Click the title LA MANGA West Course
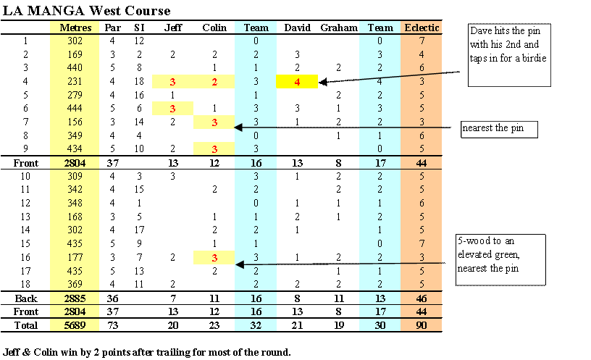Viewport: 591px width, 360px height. tap(86, 11)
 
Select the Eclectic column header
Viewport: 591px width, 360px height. tap(422, 28)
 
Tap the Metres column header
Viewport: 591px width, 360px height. tap(75, 28)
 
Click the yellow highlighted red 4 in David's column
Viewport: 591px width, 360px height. tap(297, 82)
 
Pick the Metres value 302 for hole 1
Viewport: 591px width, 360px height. tap(75, 41)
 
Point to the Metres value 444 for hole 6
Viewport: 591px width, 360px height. tap(75, 108)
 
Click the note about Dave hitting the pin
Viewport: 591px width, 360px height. tap(509, 55)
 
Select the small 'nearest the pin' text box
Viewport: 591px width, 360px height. tap(499, 130)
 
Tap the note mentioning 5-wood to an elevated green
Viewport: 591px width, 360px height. tap(500, 260)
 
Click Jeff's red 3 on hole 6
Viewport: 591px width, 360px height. tap(172, 109)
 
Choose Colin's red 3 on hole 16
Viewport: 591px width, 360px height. tap(214, 258)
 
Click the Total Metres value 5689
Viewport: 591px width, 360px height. tap(75, 325)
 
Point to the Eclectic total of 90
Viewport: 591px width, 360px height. tap(422, 325)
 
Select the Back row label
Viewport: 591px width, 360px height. tap(26, 298)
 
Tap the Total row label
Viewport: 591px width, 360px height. tap(26, 325)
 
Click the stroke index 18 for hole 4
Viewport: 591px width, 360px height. tap(139, 81)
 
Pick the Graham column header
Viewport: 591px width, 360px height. tap(339, 28)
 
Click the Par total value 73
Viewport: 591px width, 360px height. tap(112, 325)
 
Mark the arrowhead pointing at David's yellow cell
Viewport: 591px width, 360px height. tap(322, 82)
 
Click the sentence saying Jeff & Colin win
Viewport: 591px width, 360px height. tap(146, 353)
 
